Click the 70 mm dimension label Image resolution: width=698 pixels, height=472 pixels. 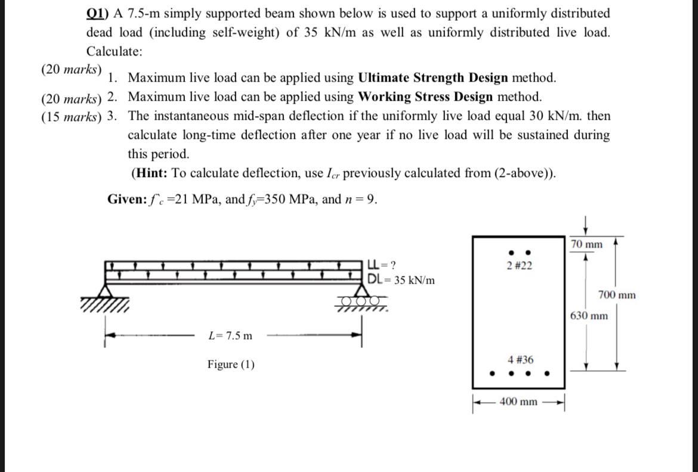586,244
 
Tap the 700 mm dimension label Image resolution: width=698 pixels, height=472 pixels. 616,295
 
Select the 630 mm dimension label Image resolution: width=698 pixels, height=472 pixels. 589,315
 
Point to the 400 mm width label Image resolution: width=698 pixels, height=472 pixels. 519,402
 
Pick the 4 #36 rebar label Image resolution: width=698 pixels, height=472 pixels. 520,360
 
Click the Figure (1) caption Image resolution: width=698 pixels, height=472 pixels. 231,364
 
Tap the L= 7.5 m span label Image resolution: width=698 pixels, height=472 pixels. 230,336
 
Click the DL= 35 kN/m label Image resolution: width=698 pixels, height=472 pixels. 401,280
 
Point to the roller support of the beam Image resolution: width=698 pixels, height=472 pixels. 360,299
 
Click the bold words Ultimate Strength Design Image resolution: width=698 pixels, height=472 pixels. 433,77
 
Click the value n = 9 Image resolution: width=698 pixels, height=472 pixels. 361,199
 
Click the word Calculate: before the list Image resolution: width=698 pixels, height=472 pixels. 115,52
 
